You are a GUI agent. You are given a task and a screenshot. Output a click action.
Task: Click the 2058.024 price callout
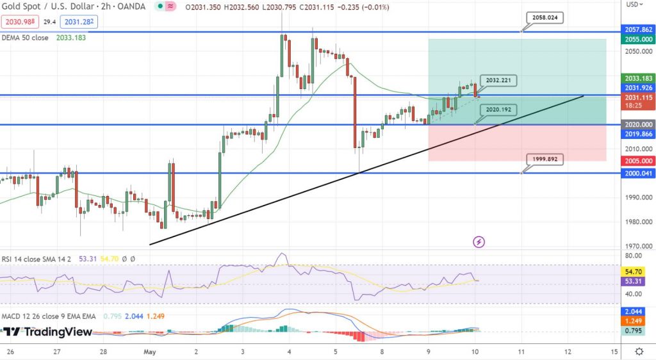[546, 18]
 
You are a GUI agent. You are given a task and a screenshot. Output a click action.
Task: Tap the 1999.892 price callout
[546, 158]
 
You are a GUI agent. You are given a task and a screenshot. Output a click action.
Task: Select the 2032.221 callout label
[498, 81]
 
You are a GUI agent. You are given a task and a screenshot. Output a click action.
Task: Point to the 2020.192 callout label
[498, 110]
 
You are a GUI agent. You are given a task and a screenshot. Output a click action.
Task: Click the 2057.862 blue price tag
[638, 29]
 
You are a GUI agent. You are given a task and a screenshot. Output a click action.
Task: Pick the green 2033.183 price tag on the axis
[638, 78]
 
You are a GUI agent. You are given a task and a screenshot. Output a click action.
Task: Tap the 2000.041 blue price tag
[638, 173]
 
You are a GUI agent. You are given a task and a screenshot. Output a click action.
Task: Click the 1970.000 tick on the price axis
[638, 246]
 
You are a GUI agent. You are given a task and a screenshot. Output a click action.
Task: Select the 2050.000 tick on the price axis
[638, 51]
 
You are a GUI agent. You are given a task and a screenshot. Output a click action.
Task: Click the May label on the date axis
[151, 352]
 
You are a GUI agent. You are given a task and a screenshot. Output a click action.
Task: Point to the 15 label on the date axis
[614, 352]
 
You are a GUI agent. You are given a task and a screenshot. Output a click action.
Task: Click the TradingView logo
[47, 332]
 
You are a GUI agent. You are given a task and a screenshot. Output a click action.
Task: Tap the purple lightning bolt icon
[479, 241]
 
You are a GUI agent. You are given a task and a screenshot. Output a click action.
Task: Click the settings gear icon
[639, 352]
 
